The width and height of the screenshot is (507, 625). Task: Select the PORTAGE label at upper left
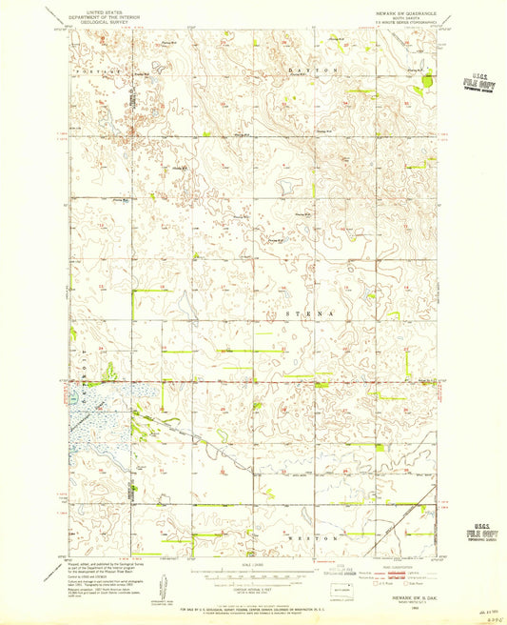tap(95, 71)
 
